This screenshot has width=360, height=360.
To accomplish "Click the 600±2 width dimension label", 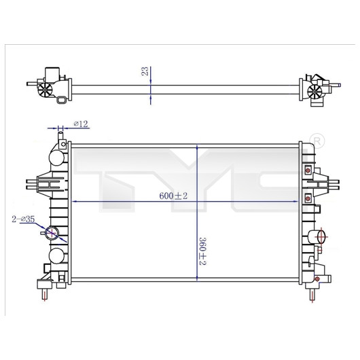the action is (173, 196).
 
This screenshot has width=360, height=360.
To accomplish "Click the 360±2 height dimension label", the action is (202, 251).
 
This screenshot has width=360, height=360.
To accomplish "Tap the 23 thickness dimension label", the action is (145, 71).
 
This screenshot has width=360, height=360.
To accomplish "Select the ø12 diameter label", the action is (81, 124).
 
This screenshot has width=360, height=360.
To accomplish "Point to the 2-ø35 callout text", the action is (23, 219).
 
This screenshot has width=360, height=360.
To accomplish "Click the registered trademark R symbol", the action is (317, 141).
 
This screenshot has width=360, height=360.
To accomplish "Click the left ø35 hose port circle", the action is (52, 233).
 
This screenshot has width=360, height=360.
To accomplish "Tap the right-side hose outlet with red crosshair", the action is (321, 236).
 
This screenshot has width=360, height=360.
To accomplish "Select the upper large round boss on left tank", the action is (56, 158).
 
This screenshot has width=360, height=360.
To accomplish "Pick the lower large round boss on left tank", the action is (56, 256).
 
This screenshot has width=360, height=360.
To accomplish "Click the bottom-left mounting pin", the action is (45, 294).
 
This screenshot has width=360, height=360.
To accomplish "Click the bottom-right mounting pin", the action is (312, 295).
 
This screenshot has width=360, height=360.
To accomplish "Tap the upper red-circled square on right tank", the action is (308, 170).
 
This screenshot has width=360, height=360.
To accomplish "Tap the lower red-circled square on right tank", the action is (308, 198).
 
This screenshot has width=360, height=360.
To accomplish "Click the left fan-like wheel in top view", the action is (45, 90).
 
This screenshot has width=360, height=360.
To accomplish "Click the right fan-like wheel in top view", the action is (314, 92).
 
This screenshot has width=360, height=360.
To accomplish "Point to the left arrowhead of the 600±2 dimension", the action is (75, 202).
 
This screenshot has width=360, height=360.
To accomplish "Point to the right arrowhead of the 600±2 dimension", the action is (296, 202).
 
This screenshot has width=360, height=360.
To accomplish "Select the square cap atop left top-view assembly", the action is (52, 73).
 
